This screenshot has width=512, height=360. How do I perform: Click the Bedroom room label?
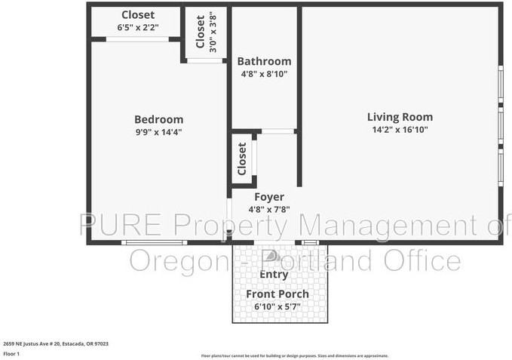[158, 119]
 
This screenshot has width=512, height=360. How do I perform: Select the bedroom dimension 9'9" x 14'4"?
[158, 131]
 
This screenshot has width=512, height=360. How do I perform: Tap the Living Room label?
[400, 117]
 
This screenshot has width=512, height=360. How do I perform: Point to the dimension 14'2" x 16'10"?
[400, 129]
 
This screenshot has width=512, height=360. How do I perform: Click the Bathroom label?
[264, 61]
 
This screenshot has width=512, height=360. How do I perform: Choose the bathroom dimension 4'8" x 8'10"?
[264, 73]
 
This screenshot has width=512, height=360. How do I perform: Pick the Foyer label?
[268, 197]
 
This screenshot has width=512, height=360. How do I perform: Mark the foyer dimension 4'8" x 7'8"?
[268, 209]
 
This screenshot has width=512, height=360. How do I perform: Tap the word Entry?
[273, 274]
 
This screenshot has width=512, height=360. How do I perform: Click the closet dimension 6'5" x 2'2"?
[138, 27]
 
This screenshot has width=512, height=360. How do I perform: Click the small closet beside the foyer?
[242, 159]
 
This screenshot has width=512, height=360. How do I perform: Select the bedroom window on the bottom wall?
[154, 242]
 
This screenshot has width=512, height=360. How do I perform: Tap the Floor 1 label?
[12, 352]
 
